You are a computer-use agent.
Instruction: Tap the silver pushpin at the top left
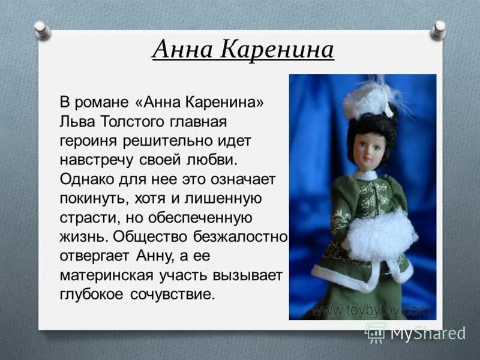41,29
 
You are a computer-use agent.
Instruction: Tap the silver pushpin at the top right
439,28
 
